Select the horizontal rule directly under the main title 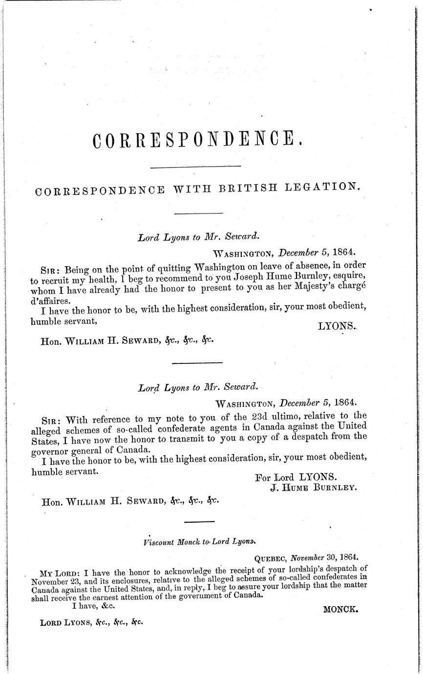coord(196,168)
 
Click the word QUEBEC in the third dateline coord(272,557)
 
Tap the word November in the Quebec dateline coord(308,557)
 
